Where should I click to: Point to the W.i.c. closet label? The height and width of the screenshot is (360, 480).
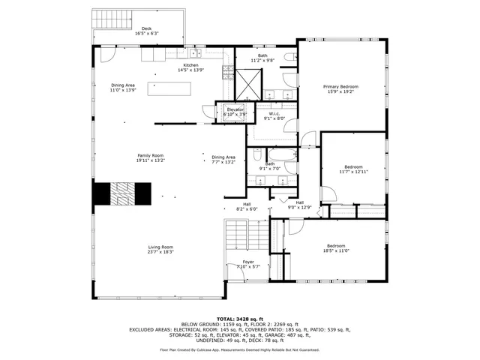pos(274,115)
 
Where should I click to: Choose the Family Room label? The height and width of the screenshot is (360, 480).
pos(150,157)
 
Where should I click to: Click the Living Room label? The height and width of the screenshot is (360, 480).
pos(160,250)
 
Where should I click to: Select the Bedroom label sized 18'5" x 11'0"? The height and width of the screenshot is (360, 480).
pos(335,248)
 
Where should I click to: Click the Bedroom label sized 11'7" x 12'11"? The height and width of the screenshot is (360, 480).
pos(353,169)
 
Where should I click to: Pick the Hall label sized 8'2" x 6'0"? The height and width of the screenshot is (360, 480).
pos(247,206)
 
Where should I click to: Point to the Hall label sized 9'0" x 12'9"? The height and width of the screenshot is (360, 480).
pos(299,205)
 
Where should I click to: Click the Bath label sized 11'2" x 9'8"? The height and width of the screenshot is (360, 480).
pos(262,58)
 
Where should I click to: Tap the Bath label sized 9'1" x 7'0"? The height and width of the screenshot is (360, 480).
pos(269,166)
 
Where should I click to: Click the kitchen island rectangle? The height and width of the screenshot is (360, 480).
pos(169,89)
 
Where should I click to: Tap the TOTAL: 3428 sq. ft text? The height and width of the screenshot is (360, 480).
pos(239,319)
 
